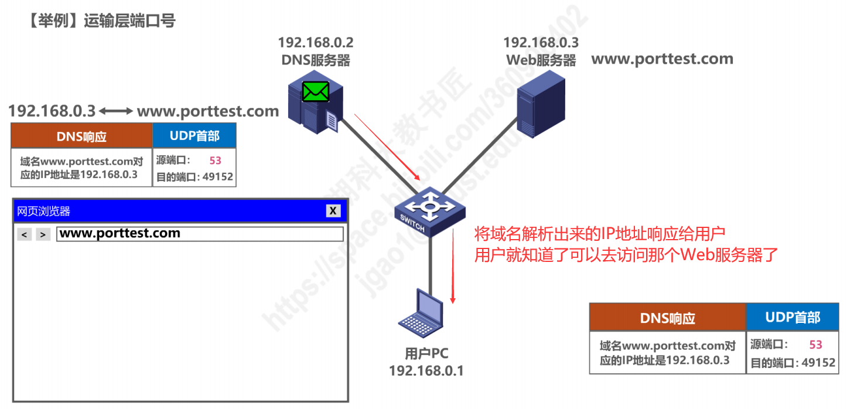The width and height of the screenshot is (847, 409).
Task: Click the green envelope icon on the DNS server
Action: tap(316, 91)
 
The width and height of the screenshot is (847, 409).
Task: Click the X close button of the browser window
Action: tap(333, 211)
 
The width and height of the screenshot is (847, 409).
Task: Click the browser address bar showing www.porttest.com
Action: tap(199, 234)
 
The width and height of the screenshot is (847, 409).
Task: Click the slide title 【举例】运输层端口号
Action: tap(101, 21)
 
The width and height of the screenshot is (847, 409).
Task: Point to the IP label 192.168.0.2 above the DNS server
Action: tap(316, 43)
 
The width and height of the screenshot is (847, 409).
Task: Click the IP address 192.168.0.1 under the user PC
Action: tap(426, 370)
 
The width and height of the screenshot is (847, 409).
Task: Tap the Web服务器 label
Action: tap(541, 60)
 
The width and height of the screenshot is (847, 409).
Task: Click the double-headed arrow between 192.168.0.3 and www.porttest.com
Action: tap(116, 111)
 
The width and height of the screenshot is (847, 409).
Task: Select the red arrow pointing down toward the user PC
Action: tap(453, 267)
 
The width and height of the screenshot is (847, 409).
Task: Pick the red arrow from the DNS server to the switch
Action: tap(387, 146)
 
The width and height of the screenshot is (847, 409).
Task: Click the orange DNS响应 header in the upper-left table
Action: tap(81, 136)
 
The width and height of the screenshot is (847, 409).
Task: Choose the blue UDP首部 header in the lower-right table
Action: tap(793, 318)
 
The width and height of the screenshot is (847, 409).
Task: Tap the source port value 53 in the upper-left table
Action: tap(215, 160)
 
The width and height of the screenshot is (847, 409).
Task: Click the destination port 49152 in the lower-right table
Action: tap(818, 363)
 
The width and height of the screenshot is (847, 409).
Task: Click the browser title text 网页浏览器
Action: tap(44, 212)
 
